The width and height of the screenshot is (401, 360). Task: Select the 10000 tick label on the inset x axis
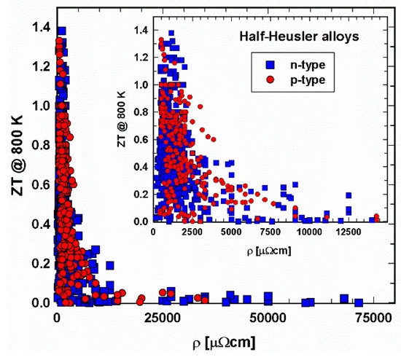[309, 232]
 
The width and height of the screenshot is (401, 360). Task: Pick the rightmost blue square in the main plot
[359, 302]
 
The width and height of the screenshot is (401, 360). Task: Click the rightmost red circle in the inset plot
[376, 216]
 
